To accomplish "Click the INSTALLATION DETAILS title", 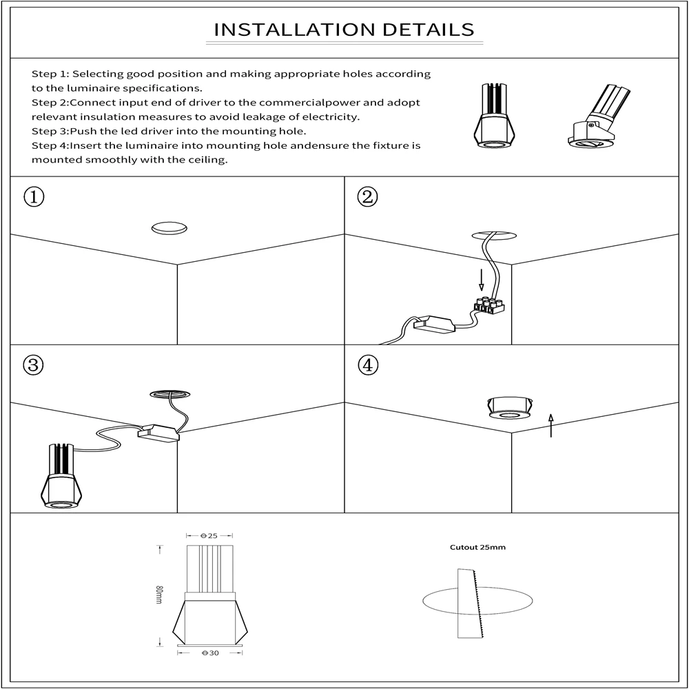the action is (x=344, y=30).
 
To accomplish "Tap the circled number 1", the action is (x=34, y=197).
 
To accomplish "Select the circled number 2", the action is (x=368, y=197).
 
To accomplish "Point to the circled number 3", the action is (x=34, y=365).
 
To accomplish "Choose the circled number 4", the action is (x=368, y=365).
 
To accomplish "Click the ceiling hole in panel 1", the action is (x=169, y=229).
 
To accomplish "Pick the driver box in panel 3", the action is (x=158, y=433).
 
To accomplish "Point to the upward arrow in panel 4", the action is (x=550, y=425).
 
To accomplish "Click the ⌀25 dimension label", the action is (x=209, y=535).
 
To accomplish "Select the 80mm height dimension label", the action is (x=159, y=595).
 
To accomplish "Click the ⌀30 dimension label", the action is (x=209, y=652).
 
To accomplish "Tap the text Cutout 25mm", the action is (x=477, y=548).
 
